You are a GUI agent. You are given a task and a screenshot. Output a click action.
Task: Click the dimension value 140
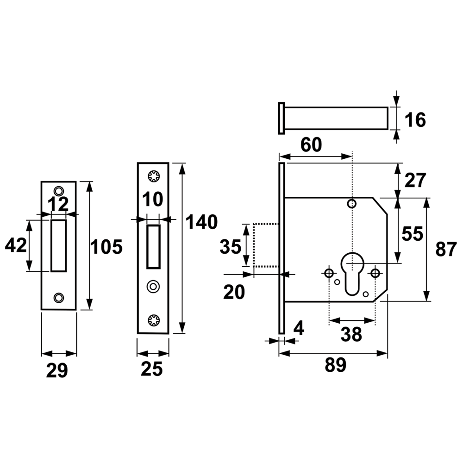201,222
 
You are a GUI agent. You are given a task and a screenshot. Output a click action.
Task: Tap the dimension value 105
106,247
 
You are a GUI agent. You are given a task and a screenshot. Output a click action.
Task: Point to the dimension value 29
57,370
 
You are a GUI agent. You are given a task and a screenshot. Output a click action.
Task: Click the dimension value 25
152,369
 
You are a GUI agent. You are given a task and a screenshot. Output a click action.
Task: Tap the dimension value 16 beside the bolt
415,120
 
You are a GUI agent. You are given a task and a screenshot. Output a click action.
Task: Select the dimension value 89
335,365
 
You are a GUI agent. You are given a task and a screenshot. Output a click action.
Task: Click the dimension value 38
351,334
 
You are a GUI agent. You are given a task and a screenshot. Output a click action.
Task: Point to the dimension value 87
446,249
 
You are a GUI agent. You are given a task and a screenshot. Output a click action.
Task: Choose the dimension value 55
413,234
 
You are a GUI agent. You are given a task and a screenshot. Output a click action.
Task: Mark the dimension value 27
415,180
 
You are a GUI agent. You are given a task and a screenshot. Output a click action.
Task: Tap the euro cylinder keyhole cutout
352,273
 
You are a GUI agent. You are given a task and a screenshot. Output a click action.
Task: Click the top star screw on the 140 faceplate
154,176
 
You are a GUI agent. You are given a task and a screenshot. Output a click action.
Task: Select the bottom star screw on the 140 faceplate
154,320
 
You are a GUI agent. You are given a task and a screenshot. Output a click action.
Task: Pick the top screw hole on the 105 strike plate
58,190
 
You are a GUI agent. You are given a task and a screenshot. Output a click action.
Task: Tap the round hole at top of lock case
351,204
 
